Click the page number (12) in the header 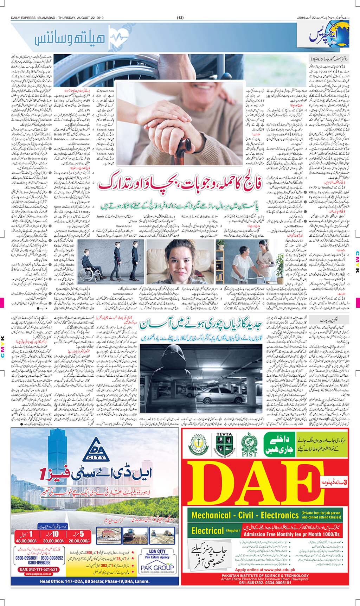coord(180,18)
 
